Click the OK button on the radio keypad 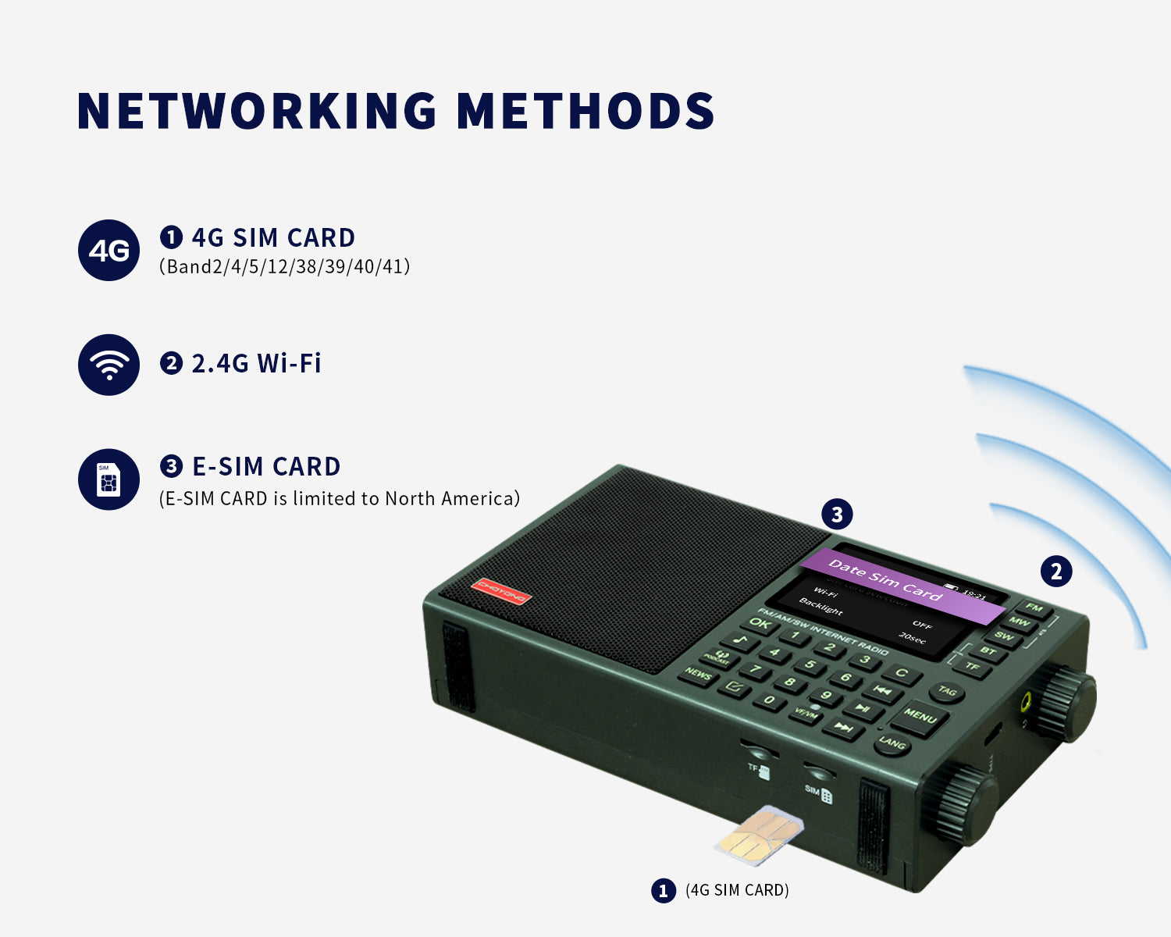pos(760,624)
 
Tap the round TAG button pos(947,691)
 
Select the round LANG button pos(892,743)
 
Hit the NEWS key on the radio pos(699,674)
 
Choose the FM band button pos(1034,607)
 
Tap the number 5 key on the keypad pos(810,665)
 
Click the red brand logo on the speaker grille pos(501,591)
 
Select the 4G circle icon pos(109,251)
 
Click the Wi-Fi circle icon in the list pos(109,365)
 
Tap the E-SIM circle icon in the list pos(109,479)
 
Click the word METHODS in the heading pos(585,111)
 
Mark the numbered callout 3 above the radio pos(837,515)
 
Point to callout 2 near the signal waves pos(1056,572)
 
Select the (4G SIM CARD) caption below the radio pos(737,890)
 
